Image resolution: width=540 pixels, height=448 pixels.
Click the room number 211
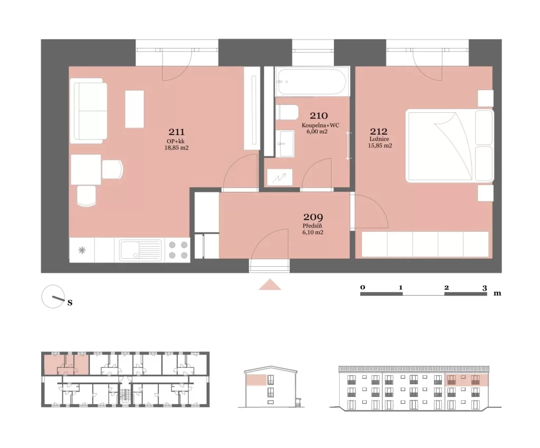[x=177, y=132]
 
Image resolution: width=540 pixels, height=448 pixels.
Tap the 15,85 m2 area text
[x=380, y=145]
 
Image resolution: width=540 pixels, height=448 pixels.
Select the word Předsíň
[x=312, y=226]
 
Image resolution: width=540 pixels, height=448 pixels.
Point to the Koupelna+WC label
[x=320, y=125]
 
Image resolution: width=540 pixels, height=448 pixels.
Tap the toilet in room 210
[x=287, y=112]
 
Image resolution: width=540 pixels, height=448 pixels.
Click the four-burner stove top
[x=178, y=250]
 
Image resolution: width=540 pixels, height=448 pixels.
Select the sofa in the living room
[x=89, y=111]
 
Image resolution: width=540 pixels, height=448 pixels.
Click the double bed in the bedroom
[x=449, y=145]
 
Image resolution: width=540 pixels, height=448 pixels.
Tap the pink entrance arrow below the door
[x=270, y=284]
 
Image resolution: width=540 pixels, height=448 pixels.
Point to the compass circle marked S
[x=53, y=296]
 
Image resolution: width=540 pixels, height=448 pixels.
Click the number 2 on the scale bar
[x=446, y=288]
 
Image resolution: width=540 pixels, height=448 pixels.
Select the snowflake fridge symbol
[x=82, y=250]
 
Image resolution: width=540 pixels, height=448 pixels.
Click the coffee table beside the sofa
[x=134, y=109]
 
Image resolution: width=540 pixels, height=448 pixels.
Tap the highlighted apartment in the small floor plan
[x=66, y=364]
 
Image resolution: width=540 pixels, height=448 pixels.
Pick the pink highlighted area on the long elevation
[x=467, y=380]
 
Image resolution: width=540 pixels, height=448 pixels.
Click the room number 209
[x=313, y=218]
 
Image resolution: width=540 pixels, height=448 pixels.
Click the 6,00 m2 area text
[x=317, y=131]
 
